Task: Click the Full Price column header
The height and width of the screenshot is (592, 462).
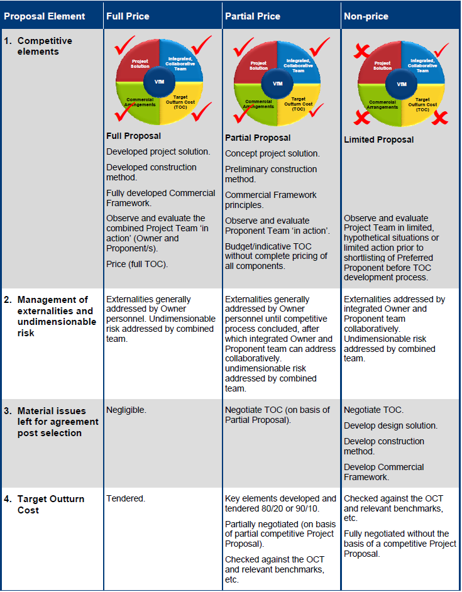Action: [128, 16]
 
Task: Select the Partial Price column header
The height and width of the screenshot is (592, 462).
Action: [251, 16]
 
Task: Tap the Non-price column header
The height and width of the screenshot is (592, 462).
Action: [367, 16]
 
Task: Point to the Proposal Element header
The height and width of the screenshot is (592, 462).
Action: [45, 16]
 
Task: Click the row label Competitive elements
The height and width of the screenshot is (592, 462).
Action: [45, 46]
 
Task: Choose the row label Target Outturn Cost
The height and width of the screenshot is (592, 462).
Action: [50, 504]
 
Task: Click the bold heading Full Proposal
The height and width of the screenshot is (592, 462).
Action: [134, 136]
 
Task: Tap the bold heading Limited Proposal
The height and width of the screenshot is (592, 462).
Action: [379, 140]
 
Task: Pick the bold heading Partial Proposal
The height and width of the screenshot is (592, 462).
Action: [258, 138]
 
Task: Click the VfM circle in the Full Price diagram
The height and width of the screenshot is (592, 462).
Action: [159, 82]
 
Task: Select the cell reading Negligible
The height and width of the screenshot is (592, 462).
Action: [126, 410]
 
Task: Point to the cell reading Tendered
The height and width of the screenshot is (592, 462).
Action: [126, 498]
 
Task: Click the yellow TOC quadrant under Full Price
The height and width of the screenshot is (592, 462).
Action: [182, 104]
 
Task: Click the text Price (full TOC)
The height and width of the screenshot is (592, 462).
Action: [136, 265]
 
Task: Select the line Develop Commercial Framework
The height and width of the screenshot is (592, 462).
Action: [384, 472]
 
